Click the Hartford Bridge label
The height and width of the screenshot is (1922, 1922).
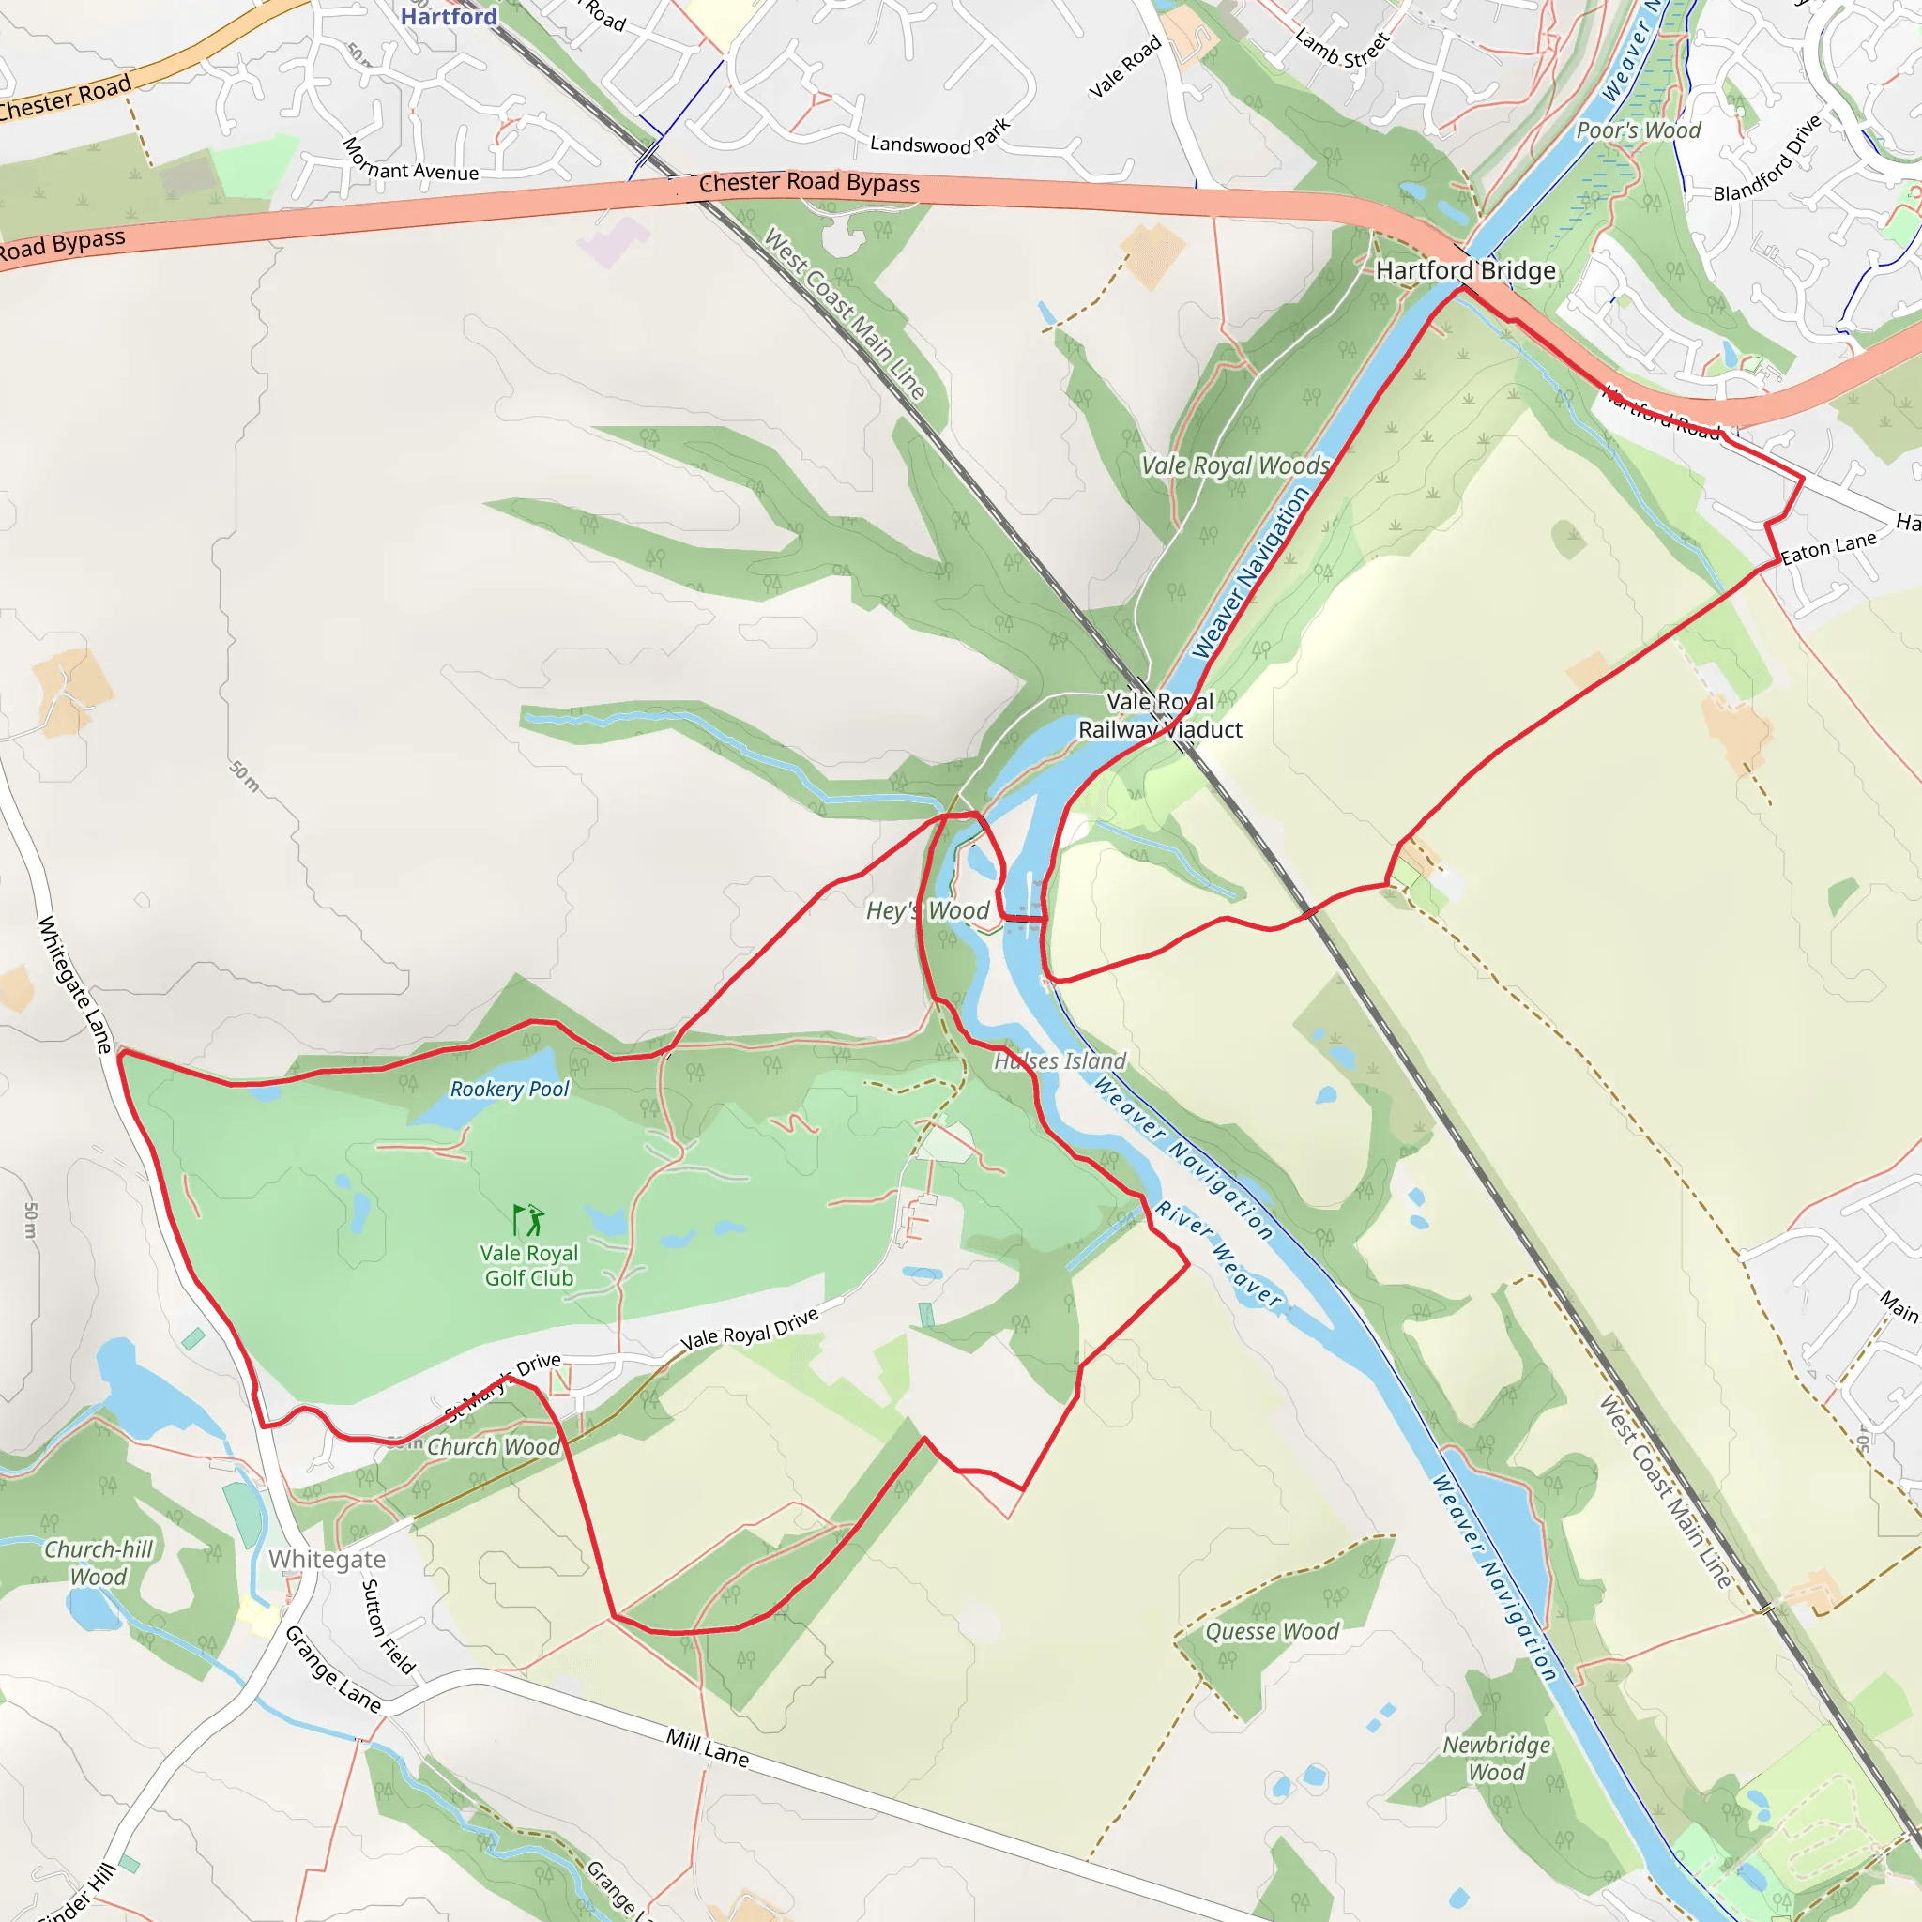1464,270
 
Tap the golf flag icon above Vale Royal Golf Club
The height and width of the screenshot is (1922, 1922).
527,1220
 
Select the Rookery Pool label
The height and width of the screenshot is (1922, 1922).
510,1090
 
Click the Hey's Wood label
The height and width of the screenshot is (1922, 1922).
927,910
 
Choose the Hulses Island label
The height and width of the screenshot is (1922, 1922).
1060,1061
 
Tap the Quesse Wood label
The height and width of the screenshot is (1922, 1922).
1272,1631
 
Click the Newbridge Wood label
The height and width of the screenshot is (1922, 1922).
1496,1759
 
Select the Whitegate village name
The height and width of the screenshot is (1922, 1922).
328,1560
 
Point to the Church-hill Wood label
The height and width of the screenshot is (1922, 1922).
99,1563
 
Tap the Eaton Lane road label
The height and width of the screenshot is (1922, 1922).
1828,547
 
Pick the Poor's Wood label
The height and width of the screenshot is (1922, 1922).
1639,130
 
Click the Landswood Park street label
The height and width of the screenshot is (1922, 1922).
940,137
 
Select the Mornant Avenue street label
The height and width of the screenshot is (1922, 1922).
410,160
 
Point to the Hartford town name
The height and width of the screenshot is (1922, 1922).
449,16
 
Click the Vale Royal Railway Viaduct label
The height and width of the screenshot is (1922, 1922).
1160,715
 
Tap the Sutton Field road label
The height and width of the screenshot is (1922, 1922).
388,1626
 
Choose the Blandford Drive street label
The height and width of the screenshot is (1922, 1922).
1767,157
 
